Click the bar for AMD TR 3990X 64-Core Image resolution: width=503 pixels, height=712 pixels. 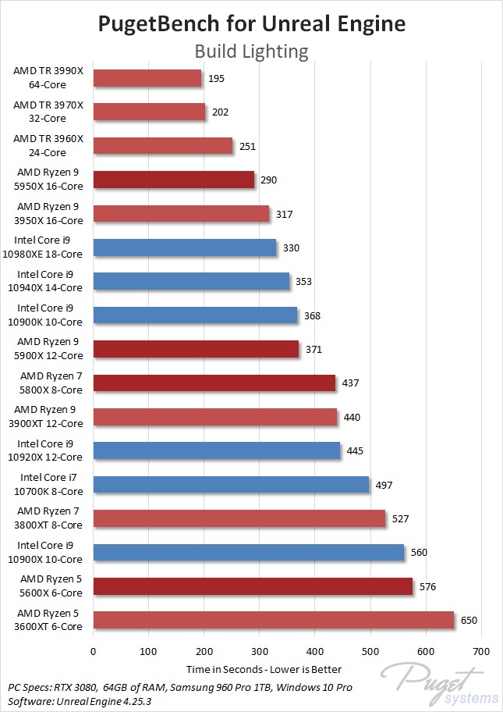coord(147,78)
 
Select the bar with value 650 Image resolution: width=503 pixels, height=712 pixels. coord(274,620)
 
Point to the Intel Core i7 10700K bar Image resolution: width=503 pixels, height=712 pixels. coord(231,485)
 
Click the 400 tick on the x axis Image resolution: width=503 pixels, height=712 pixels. coord(315,651)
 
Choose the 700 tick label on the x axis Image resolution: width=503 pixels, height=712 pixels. coord(481,651)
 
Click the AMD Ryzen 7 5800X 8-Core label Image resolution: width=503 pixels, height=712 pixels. coord(50,383)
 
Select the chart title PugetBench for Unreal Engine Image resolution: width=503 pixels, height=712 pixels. coord(251,23)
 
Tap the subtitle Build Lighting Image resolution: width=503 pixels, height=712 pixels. coord(251,52)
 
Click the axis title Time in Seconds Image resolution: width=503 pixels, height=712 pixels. coord(264,669)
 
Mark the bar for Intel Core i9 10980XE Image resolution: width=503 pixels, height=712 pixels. coord(185,247)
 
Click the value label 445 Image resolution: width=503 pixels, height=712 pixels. coord(355,450)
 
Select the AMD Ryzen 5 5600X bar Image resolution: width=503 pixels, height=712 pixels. coord(253,586)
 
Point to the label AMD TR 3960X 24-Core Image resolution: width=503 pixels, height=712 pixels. coord(50,145)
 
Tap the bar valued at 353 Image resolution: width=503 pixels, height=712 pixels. coord(191,281)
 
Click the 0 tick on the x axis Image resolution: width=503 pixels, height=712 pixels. coord(94,651)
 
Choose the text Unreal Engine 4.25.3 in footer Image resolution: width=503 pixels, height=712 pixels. coord(110,700)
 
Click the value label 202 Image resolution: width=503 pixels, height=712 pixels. coord(220,112)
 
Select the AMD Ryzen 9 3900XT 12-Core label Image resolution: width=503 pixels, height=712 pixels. coord(48,417)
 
